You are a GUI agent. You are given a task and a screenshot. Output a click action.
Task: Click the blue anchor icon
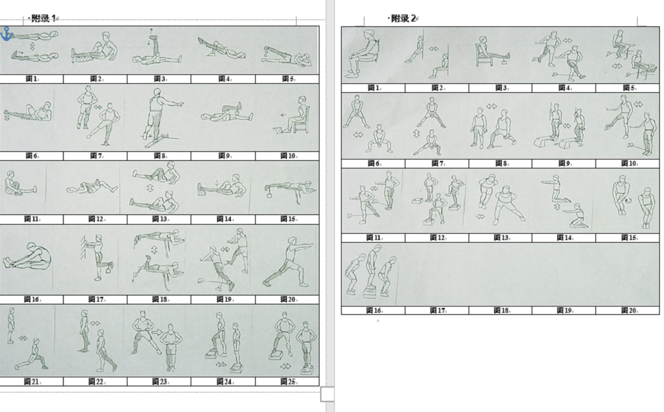click(6, 33)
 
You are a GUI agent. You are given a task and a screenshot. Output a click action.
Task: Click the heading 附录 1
click(44, 18)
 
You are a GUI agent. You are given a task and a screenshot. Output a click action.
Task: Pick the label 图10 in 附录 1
click(288, 156)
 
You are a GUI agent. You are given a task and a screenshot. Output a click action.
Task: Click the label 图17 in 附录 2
click(437, 311)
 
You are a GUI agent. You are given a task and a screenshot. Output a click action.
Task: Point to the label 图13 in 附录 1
click(159, 219)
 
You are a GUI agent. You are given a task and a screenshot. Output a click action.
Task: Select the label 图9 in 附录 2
click(564, 164)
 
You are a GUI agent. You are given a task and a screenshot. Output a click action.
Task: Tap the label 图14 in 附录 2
click(564, 238)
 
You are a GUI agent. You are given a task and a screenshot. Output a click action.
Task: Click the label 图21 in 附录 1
click(32, 382)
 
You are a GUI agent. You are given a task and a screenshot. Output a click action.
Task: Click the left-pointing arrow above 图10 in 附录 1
click(283, 114)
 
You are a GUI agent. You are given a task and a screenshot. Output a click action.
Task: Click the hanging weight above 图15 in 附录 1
click(268, 197)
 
